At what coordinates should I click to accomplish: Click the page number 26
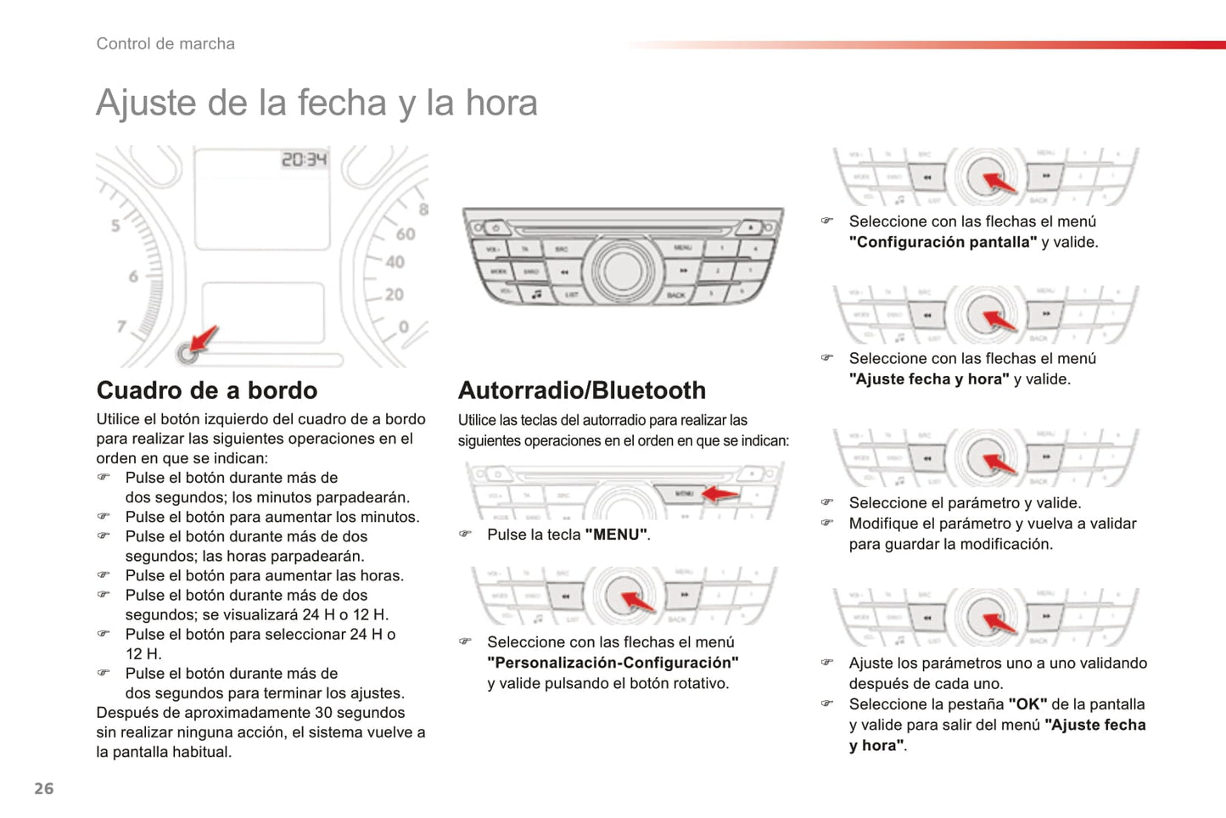pyautogui.click(x=44, y=788)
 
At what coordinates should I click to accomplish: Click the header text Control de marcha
pyautogui.click(x=165, y=43)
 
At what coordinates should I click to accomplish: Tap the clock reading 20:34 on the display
pyautogui.click(x=304, y=160)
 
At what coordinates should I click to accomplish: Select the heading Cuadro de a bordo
pyautogui.click(x=207, y=390)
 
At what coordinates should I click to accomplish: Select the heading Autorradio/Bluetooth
pyautogui.click(x=582, y=390)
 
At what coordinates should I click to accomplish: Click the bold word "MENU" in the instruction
pyautogui.click(x=616, y=535)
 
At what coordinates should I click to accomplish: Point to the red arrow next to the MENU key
pyautogui.click(x=719, y=493)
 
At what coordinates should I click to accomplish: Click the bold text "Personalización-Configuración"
pyautogui.click(x=613, y=663)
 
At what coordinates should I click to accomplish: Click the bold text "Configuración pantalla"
pyautogui.click(x=943, y=242)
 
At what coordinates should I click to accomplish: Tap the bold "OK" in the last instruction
pyautogui.click(x=1027, y=704)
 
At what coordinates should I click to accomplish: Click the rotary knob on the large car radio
pyautogui.click(x=623, y=270)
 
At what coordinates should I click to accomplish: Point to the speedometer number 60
pyautogui.click(x=406, y=234)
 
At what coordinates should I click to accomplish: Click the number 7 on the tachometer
pyautogui.click(x=122, y=326)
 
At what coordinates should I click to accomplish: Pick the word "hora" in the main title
pyautogui.click(x=501, y=103)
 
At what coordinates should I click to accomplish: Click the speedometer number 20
pyautogui.click(x=394, y=294)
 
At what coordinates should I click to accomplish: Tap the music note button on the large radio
pyautogui.click(x=536, y=294)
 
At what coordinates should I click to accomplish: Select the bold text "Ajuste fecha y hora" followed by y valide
pyautogui.click(x=929, y=379)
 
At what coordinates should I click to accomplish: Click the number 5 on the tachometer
pyautogui.click(x=115, y=226)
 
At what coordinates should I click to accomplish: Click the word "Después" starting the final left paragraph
pyautogui.click(x=124, y=713)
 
